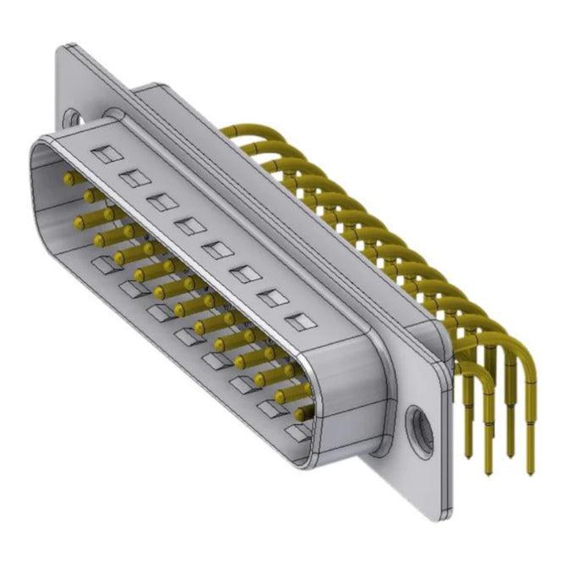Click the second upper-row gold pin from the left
click(90, 196)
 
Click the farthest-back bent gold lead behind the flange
click(229, 131)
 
